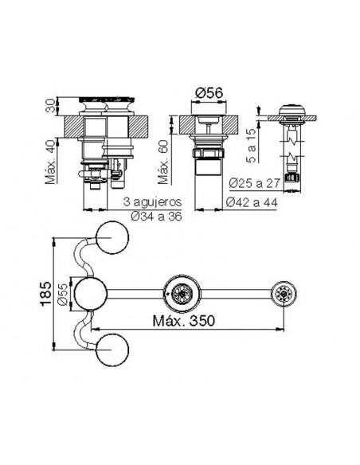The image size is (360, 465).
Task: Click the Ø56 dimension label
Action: pos(209,93)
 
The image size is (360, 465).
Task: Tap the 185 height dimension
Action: pos(45,293)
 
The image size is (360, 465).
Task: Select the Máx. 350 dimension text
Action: pos(183,321)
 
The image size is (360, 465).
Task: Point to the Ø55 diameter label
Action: pos(64,293)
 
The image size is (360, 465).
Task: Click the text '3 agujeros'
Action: pos(152,202)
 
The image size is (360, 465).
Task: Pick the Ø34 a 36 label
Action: pos(156,217)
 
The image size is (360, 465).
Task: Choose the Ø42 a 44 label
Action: pos(252,202)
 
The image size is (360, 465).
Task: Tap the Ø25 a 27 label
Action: pos(254,183)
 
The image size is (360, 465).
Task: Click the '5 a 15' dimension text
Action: pos(251,145)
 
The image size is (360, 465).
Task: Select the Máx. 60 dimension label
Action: pos(162,162)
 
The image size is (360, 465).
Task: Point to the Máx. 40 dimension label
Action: pos(50,162)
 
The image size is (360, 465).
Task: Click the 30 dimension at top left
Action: pos(51,106)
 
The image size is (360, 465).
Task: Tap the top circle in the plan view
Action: pos(112,237)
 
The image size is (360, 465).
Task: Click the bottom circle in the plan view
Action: pos(112,350)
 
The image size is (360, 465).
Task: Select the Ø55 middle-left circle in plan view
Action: pos(90,293)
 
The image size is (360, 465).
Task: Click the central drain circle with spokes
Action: pos(182,293)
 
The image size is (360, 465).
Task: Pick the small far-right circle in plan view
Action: pos(284,294)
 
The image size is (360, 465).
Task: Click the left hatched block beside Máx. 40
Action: pos(73,127)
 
